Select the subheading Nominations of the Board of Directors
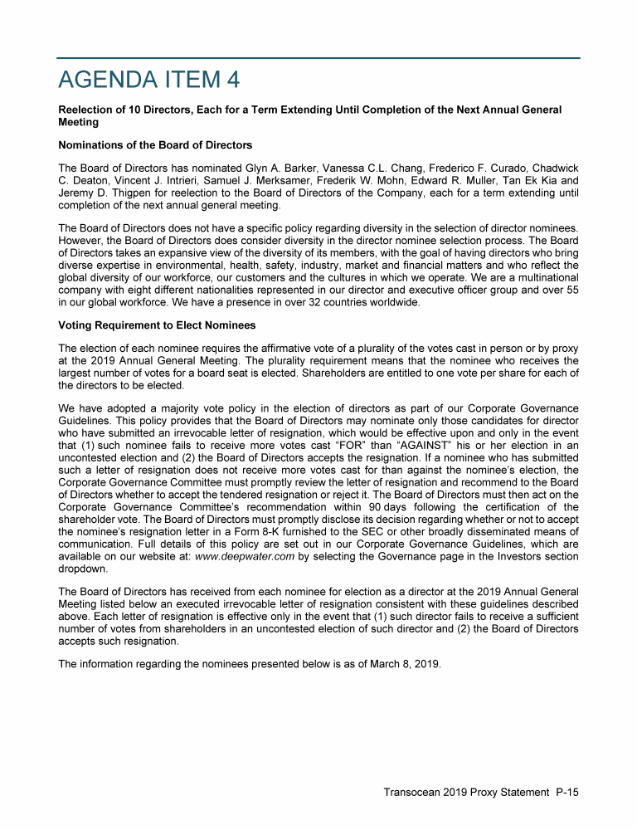pyautogui.click(x=155, y=145)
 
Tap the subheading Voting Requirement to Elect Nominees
pyautogui.click(x=157, y=325)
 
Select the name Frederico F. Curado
pyautogui.click(x=475, y=169)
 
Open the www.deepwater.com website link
pyautogui.click(x=246, y=555)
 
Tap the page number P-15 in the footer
pyautogui.click(x=566, y=792)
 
